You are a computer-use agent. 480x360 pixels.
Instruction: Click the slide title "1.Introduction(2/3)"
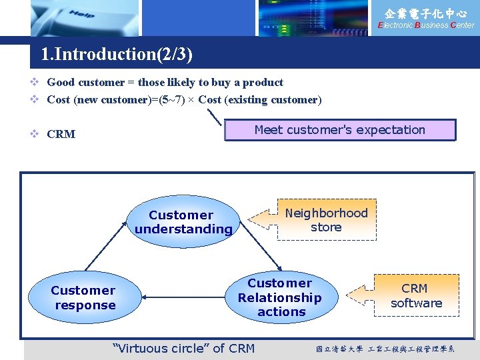coord(117,54)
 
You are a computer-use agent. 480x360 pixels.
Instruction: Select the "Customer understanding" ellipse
coord(183,222)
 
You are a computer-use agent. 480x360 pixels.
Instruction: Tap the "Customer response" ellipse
coord(84,297)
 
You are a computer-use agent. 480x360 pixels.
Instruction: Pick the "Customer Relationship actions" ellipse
coord(280,297)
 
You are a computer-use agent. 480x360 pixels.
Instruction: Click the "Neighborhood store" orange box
coord(326,220)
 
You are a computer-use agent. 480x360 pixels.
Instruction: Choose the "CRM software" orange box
coord(416,295)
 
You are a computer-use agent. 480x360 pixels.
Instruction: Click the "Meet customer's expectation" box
coord(340,130)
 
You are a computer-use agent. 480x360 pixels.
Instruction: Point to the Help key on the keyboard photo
coord(81,14)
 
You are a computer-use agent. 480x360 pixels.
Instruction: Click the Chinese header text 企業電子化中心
coord(426,13)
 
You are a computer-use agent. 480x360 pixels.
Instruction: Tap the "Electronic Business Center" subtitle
coord(426,25)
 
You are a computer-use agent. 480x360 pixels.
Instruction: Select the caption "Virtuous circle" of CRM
coord(184,348)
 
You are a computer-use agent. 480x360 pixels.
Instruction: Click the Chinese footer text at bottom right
coord(385,349)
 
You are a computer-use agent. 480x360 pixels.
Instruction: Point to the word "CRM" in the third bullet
coord(61,134)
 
